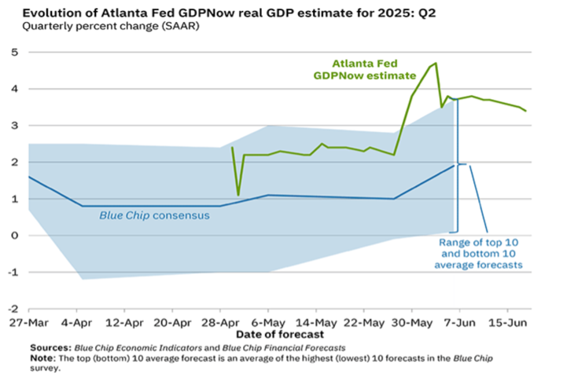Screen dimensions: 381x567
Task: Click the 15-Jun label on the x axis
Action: tap(508, 323)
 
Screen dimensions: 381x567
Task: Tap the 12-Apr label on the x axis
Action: tap(123, 323)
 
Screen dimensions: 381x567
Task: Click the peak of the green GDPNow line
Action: tap(436, 64)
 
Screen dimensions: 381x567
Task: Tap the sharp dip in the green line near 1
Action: tap(238, 195)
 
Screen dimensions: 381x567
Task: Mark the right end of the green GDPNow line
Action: tap(526, 111)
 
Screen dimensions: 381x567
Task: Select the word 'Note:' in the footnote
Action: tap(43, 357)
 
